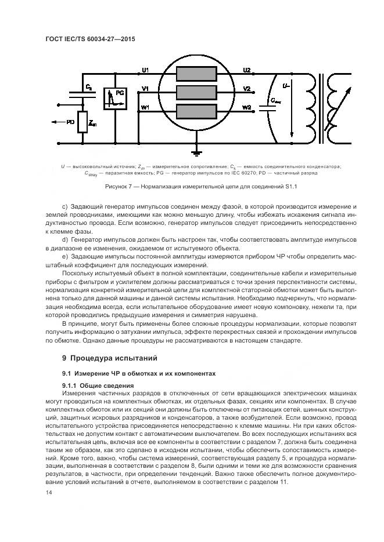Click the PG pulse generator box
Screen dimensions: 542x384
point(115,98)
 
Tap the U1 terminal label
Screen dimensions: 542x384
point(145,71)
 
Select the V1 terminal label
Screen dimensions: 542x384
point(145,88)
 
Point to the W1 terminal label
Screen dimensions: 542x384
point(145,107)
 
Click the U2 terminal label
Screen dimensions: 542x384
point(247,70)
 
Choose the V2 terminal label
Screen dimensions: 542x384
point(247,89)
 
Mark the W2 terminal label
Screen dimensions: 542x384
point(247,107)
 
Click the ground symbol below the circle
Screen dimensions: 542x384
point(197,151)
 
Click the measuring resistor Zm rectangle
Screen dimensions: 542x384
point(82,122)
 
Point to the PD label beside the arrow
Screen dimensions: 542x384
point(70,122)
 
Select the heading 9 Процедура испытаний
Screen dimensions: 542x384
point(106,358)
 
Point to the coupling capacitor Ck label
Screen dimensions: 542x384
point(88,86)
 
